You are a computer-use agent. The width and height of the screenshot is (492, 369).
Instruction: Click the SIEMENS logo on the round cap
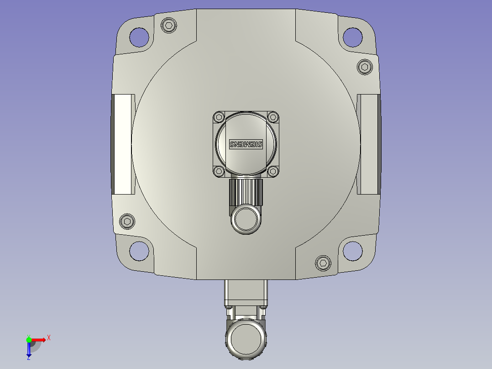pos(246,144)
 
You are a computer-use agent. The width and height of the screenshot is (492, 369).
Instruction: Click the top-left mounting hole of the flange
pos(139,37)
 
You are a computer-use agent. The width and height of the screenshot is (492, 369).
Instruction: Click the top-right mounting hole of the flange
pos(353,37)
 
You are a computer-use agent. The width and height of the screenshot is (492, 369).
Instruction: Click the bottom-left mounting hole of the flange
pos(139,251)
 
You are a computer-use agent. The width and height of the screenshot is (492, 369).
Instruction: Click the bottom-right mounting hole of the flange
pos(353,251)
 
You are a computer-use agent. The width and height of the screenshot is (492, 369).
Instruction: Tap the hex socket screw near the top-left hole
pos(169,25)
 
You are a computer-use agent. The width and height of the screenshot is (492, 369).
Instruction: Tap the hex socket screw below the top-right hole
pos(365,67)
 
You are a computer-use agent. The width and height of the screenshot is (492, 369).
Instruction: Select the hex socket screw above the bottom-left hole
pos(127,221)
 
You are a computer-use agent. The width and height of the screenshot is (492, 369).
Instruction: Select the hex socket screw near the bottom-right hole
pos(323,263)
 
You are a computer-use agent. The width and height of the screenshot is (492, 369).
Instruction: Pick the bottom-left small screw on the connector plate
pos(219,171)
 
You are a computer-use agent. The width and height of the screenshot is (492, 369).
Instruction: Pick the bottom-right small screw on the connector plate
pos(273,171)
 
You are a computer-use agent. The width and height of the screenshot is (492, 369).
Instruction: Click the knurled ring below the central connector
pos(246,192)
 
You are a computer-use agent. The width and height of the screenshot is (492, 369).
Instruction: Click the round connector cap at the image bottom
pos(246,339)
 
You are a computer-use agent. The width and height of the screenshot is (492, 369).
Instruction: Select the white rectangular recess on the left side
pos(124,144)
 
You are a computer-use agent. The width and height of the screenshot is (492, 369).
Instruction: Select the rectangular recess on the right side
pos(368,144)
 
